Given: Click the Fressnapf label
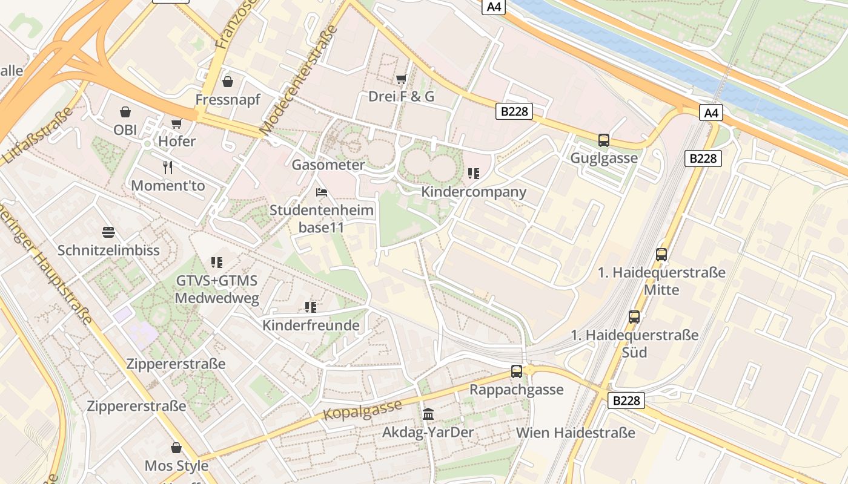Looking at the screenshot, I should [228, 99].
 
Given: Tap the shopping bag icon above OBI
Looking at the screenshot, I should [125, 112].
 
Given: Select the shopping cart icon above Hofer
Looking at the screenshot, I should [176, 124].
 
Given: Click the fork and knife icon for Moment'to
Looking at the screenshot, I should [168, 167].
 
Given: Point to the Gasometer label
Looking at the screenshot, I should [328, 165].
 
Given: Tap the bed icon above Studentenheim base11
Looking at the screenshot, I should [322, 192].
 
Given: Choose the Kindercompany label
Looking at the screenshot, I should [474, 192].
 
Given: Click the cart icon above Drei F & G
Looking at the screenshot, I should [401, 79].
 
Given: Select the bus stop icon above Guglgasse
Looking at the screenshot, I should [603, 140].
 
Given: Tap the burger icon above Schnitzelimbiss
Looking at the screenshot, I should [108, 232].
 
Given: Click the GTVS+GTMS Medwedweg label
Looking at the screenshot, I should [217, 289].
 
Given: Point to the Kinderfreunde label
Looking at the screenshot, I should [311, 325].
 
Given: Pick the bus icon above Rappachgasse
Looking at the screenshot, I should [517, 371].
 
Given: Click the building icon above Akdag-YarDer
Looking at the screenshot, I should [428, 414].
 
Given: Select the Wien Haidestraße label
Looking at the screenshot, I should [575, 433].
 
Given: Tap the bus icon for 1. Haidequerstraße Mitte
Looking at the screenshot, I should [661, 255].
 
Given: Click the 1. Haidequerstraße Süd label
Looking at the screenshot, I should [634, 343].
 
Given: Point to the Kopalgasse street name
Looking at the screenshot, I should [363, 410].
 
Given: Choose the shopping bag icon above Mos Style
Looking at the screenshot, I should [176, 448].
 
